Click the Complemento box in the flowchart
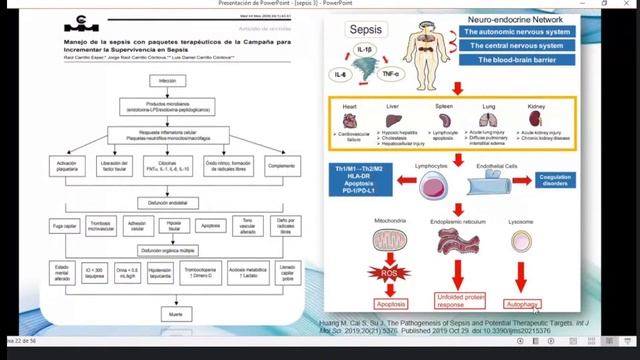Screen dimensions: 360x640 [282, 164]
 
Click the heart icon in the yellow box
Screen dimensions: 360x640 [350, 119]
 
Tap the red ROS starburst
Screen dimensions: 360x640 [391, 272]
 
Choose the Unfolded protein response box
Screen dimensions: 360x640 [461, 300]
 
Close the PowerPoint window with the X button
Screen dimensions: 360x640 [628, 3]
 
